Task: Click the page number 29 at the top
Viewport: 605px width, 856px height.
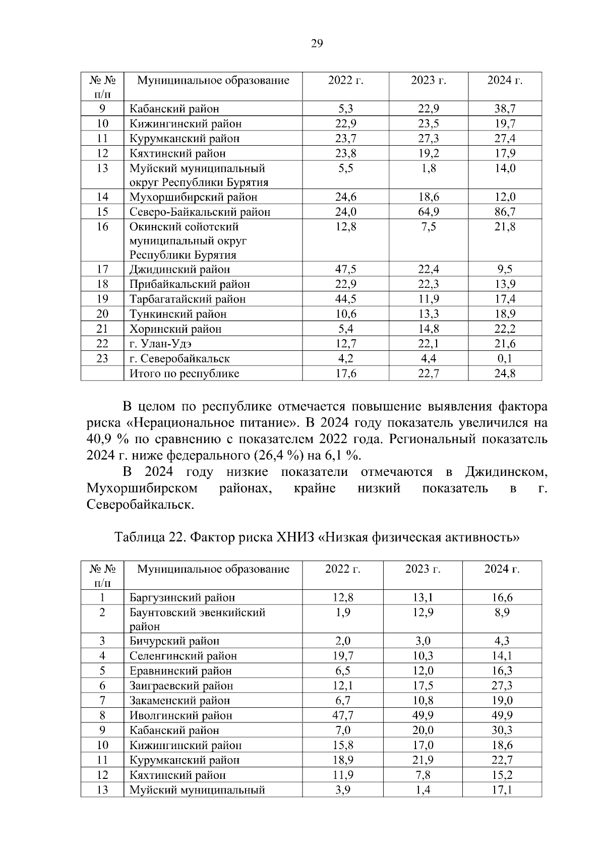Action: [x=317, y=44]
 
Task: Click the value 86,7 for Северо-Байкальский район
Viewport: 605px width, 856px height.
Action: [x=505, y=212]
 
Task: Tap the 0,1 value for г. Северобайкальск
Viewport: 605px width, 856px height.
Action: [x=505, y=359]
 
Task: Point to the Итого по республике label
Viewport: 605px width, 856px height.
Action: [x=185, y=374]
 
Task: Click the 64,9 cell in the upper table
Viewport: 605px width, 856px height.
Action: [x=429, y=212]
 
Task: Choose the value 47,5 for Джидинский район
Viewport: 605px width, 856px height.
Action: [x=346, y=270]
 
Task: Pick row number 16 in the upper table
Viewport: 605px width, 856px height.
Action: [x=102, y=227]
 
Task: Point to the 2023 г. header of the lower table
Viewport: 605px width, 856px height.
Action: [x=422, y=569]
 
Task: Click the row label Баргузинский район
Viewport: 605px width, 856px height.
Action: [x=183, y=598]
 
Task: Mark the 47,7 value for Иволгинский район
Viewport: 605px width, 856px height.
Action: [x=343, y=715]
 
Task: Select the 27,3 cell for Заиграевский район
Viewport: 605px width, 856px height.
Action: [x=502, y=686]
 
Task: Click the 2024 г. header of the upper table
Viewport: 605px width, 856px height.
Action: [x=505, y=81]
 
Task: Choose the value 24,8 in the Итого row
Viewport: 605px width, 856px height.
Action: [x=505, y=374]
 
